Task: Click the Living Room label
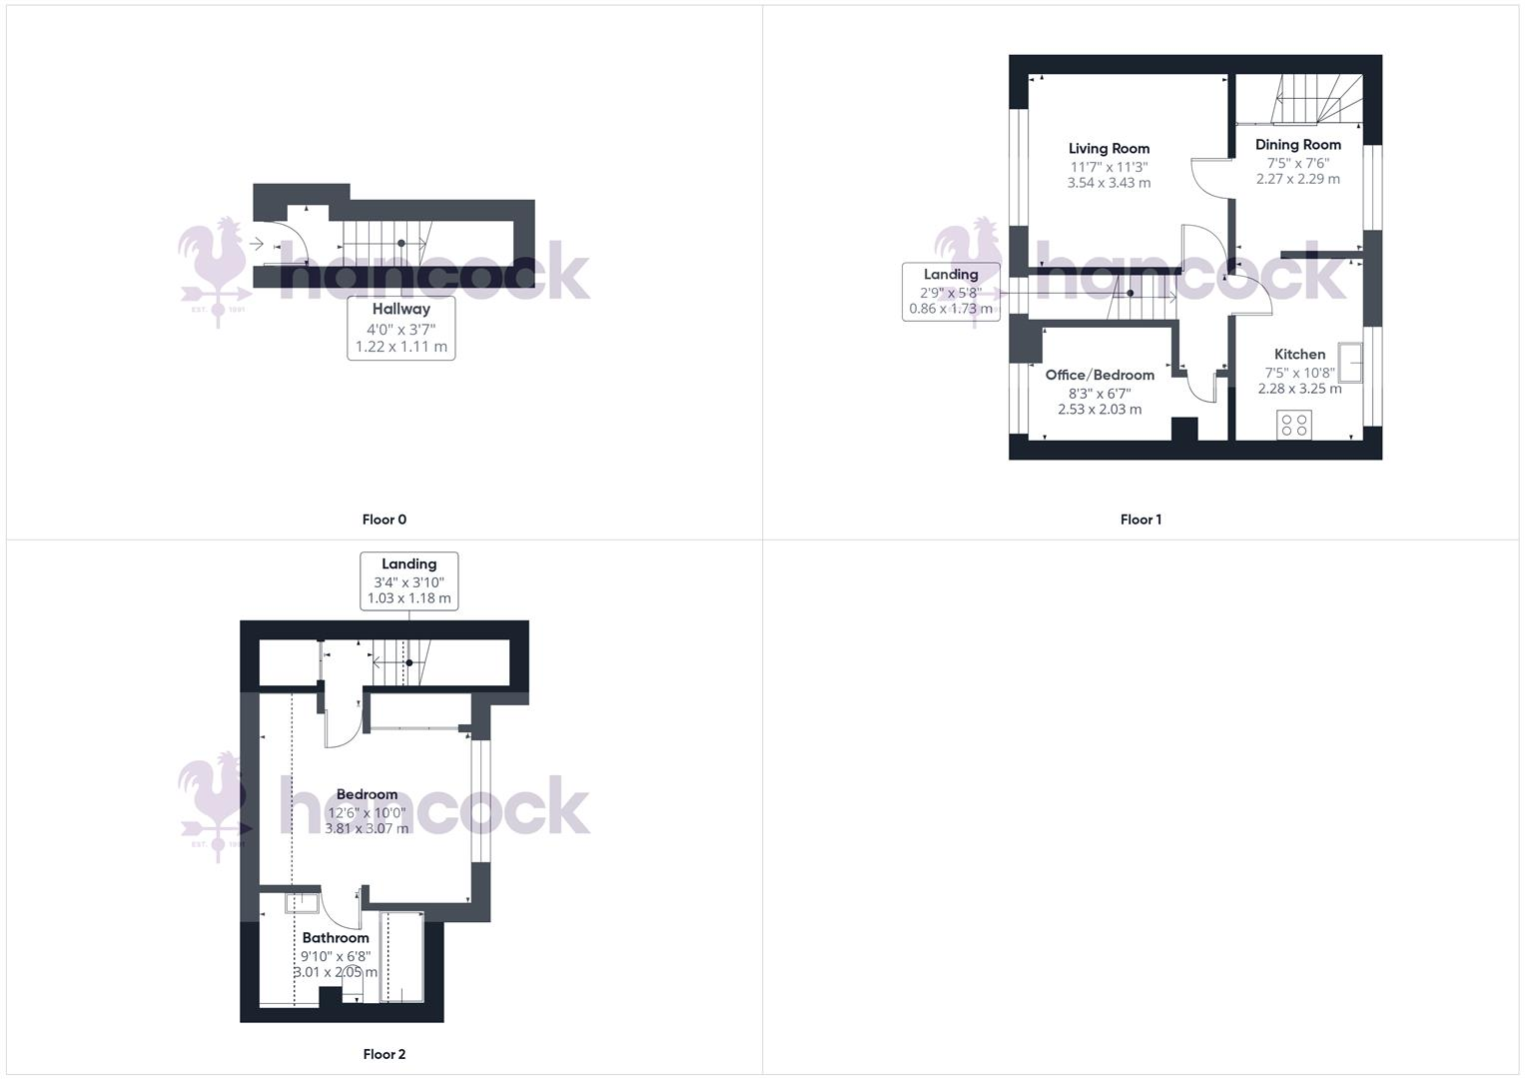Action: click(x=1109, y=148)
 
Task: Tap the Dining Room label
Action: click(x=1297, y=145)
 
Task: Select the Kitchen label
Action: click(x=1299, y=354)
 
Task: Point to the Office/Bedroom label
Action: click(x=1100, y=375)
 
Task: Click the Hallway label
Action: click(x=400, y=310)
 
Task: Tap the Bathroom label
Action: click(x=336, y=937)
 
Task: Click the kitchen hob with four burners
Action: click(x=1294, y=425)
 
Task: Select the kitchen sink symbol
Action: click(x=1351, y=362)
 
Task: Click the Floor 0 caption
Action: click(x=383, y=520)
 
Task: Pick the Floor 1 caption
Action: click(x=1141, y=520)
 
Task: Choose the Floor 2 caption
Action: click(x=383, y=1054)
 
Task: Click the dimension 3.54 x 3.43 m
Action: click(x=1109, y=183)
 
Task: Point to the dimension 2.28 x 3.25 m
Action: click(x=1299, y=389)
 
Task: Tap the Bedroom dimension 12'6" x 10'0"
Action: click(x=367, y=812)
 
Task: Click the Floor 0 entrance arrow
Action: click(x=257, y=244)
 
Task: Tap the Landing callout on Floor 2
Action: click(x=408, y=580)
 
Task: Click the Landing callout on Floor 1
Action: click(x=951, y=291)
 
